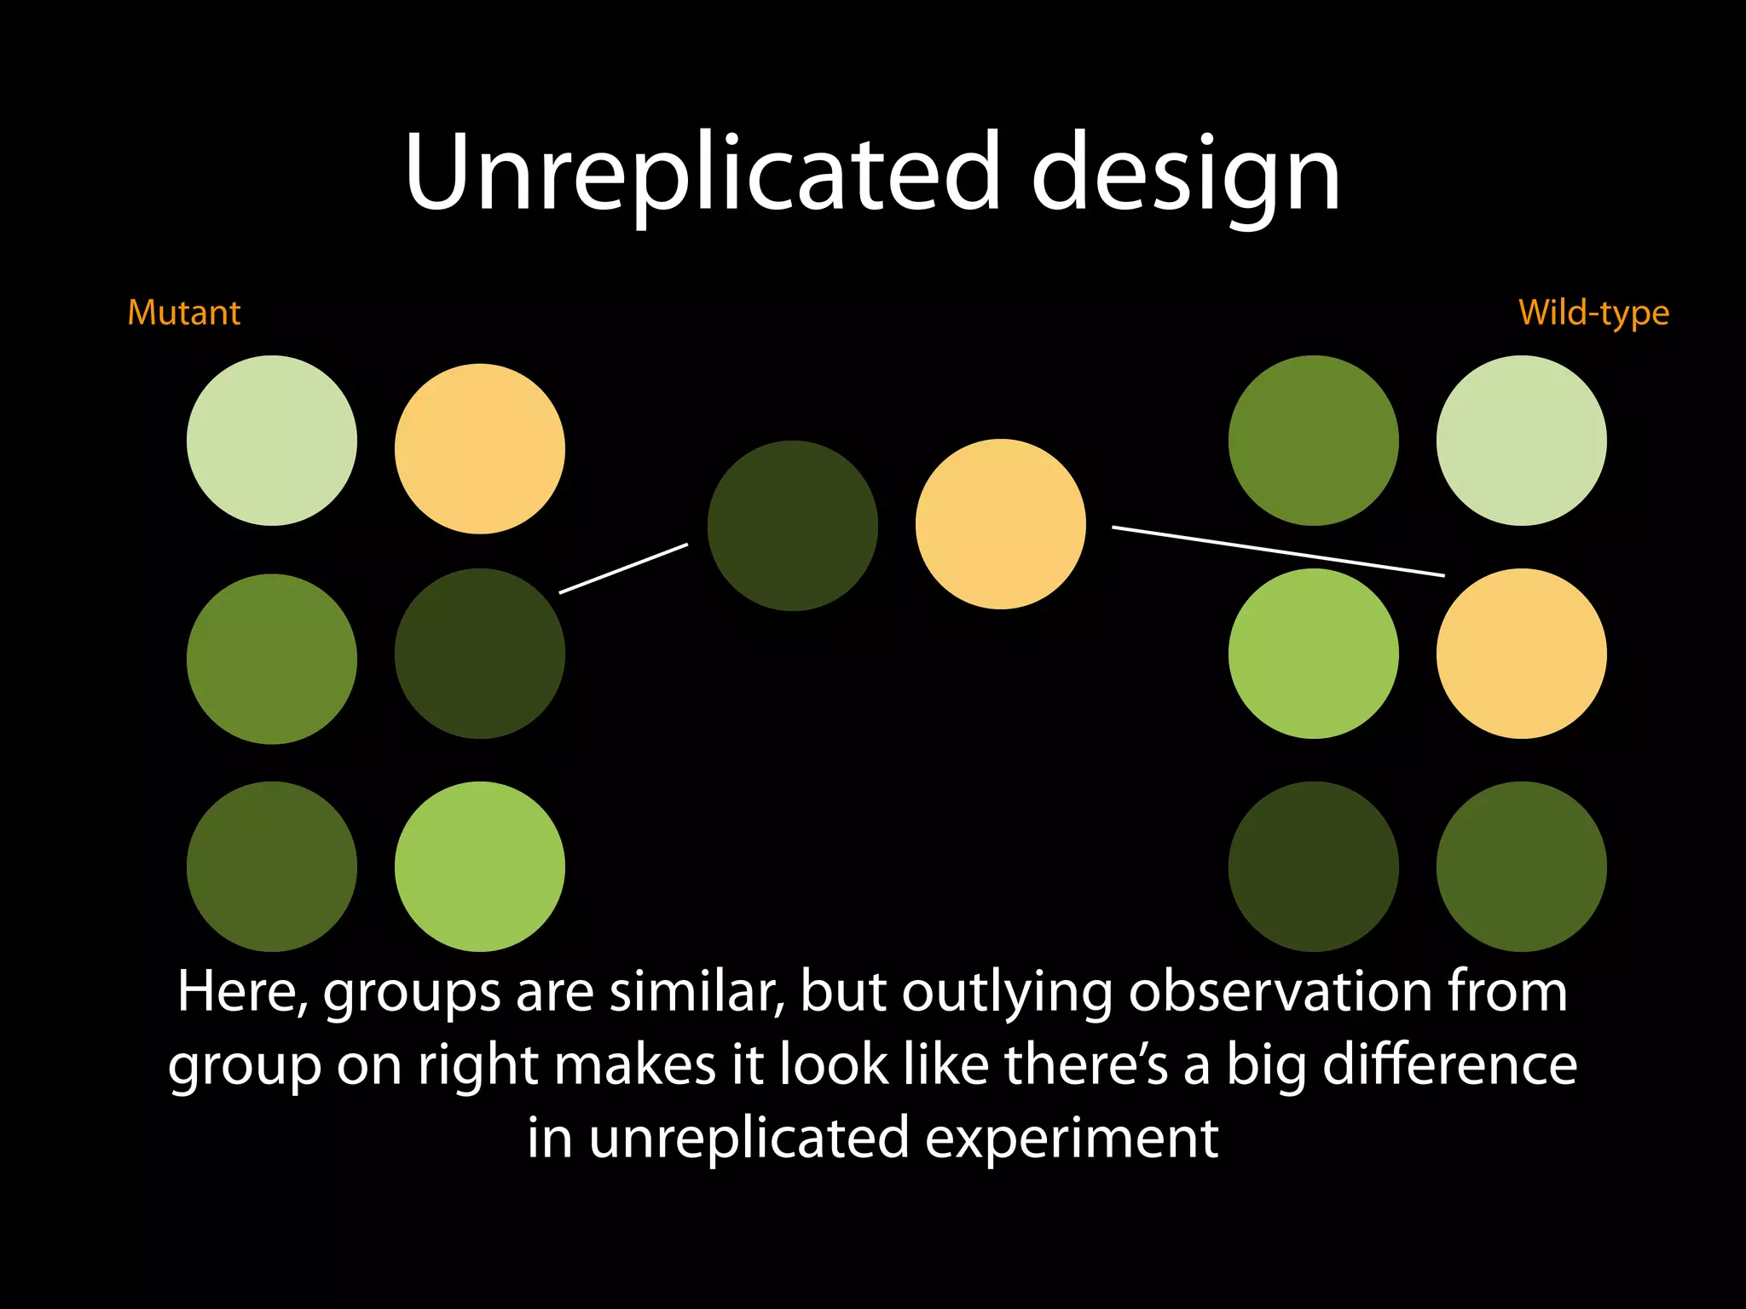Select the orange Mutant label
[183, 313]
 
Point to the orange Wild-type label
[1593, 313]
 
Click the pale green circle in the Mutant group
[271, 441]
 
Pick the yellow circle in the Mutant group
[479, 449]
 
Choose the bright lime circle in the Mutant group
[479, 867]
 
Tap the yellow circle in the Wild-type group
[1521, 654]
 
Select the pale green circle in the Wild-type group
[1521, 441]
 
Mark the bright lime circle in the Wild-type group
[1313, 654]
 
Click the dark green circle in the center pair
[792, 526]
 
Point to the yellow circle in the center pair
[1000, 524]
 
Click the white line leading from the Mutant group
[623, 568]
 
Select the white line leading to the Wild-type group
[1278, 551]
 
